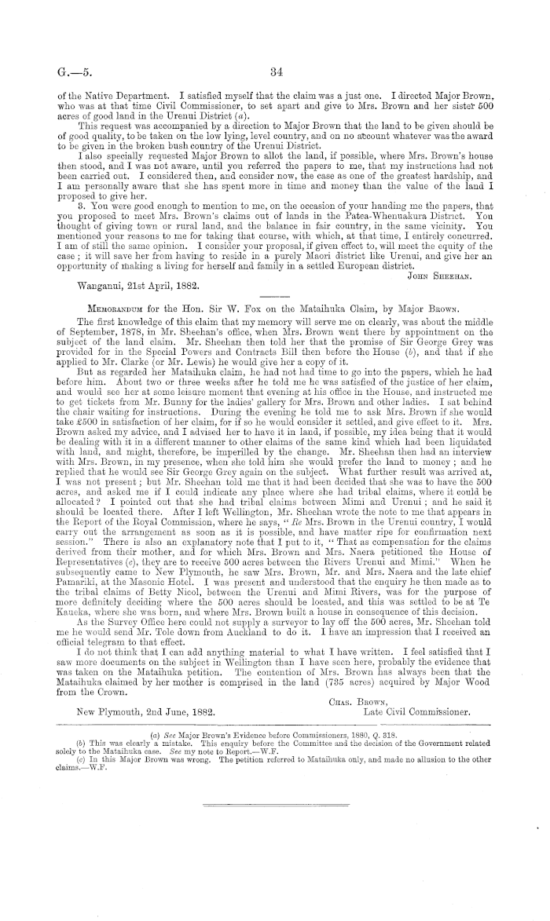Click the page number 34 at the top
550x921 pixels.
tap(275, 74)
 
